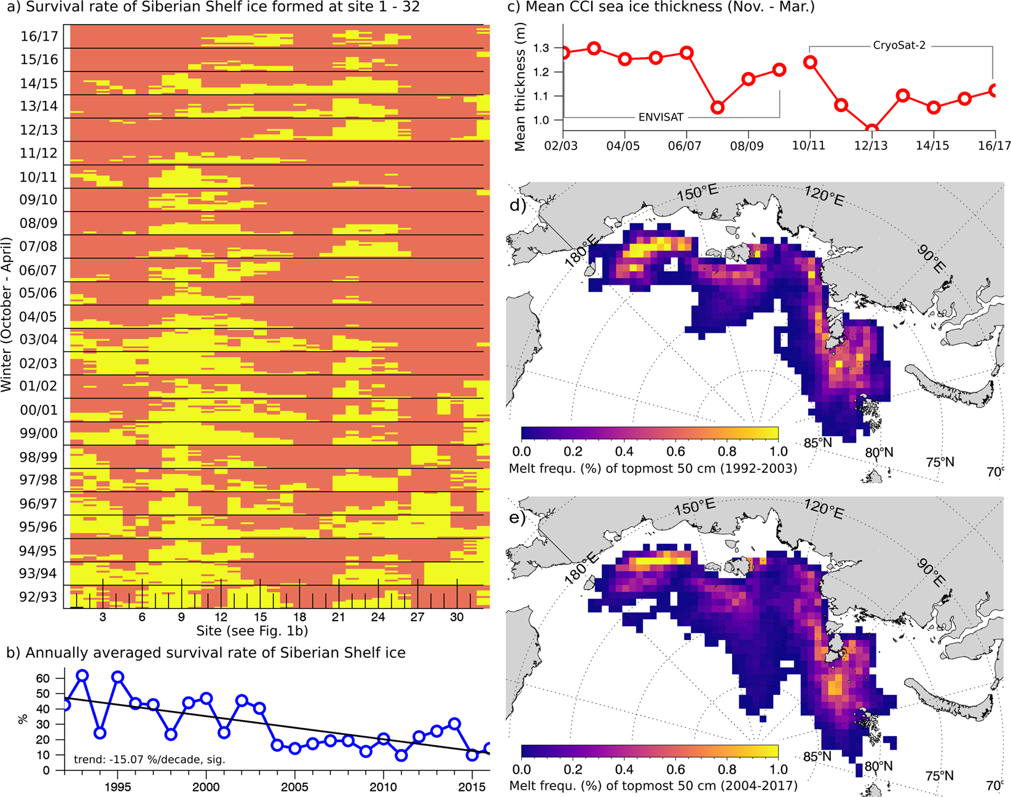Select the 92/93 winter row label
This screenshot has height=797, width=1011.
click(38, 597)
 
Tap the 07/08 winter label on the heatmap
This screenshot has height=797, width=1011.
click(38, 247)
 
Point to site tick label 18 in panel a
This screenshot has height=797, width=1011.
click(299, 617)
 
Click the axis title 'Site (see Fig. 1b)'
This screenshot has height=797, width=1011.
click(252, 631)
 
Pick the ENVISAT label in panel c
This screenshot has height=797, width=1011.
click(661, 117)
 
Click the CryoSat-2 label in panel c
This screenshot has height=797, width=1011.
click(899, 46)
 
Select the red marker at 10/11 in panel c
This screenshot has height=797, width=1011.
click(810, 62)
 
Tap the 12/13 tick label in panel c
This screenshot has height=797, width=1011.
click(871, 146)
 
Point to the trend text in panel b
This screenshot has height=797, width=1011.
click(149, 759)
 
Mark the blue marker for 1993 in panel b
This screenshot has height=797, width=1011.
click(82, 676)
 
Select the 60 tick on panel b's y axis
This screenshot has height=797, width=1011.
click(43, 678)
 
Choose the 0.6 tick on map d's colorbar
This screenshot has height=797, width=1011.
click(675, 451)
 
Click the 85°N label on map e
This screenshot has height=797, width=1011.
click(817, 756)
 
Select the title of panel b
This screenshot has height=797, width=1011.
click(206, 652)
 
